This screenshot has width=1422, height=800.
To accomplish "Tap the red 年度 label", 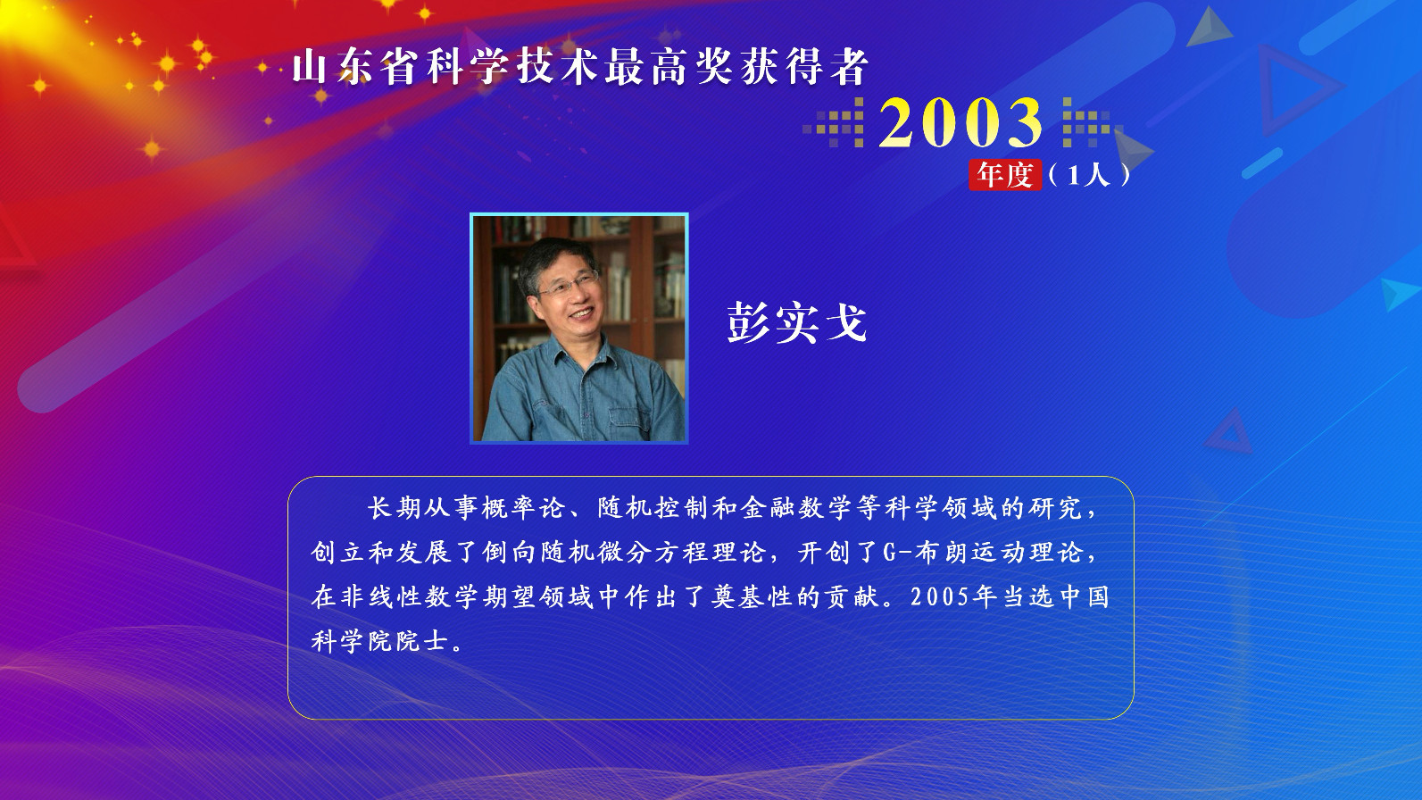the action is [x=1005, y=175].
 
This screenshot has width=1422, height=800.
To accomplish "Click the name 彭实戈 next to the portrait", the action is [x=797, y=322].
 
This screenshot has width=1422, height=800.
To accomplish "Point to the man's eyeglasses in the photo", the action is [x=568, y=284].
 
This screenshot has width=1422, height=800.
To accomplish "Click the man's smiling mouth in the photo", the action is [x=583, y=313].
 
